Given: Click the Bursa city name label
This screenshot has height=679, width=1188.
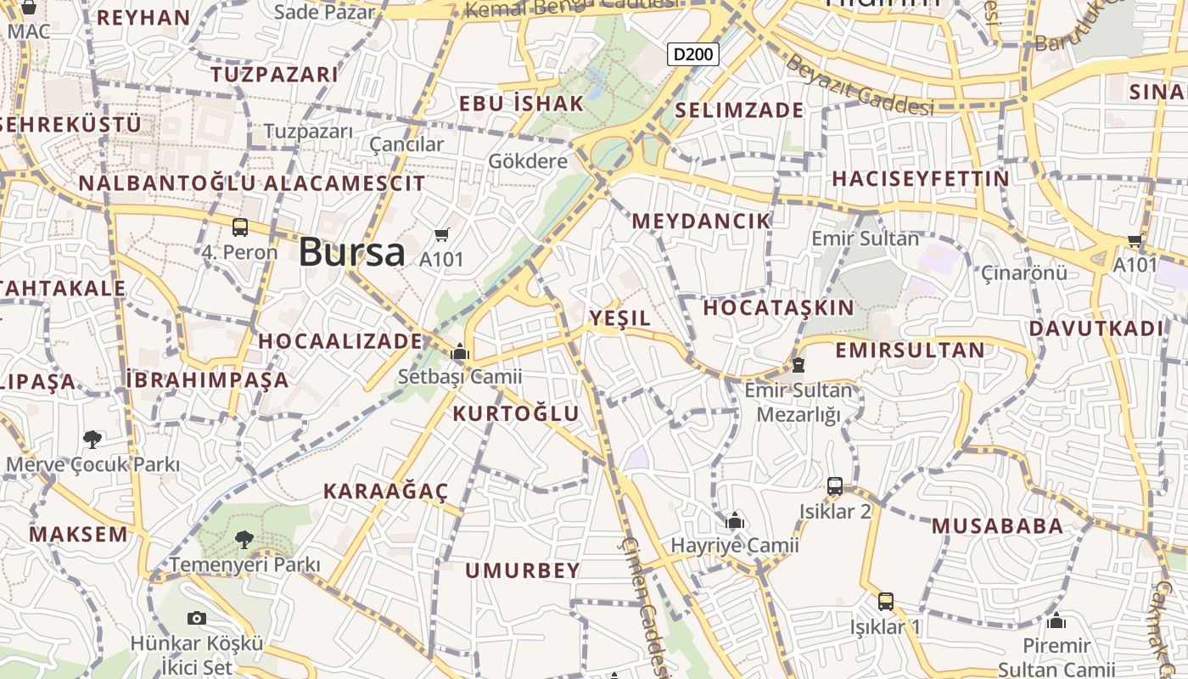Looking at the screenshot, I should pyautogui.click(x=352, y=252).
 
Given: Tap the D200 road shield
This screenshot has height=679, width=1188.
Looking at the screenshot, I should pyautogui.click(x=693, y=55).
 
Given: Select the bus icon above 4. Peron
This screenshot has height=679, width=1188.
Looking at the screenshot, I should pyautogui.click(x=240, y=227).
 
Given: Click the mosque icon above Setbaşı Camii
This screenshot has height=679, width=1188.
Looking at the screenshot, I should pyautogui.click(x=460, y=351).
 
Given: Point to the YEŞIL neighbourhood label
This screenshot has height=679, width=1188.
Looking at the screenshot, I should pyautogui.click(x=620, y=318).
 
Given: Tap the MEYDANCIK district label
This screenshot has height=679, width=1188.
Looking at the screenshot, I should pyautogui.click(x=701, y=221).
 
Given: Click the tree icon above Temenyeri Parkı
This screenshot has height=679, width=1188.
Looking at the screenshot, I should pyautogui.click(x=244, y=539).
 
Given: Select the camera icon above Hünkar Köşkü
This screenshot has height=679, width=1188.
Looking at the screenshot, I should pyautogui.click(x=197, y=618).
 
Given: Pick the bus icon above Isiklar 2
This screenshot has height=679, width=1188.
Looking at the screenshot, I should pyautogui.click(x=835, y=486).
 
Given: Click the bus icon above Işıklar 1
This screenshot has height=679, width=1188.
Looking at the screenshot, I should pyautogui.click(x=886, y=602).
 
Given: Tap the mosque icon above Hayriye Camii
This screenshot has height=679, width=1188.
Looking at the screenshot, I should pyautogui.click(x=735, y=520).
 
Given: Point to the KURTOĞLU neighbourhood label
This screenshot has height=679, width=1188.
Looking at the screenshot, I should pyautogui.click(x=516, y=414).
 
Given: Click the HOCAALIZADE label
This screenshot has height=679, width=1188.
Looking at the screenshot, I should pyautogui.click(x=340, y=341).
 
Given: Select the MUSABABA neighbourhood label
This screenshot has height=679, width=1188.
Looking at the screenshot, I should pyautogui.click(x=997, y=526).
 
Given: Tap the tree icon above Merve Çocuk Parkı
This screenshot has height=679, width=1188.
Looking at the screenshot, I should pyautogui.click(x=92, y=439).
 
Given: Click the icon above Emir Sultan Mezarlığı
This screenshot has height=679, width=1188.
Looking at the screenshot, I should pyautogui.click(x=798, y=365).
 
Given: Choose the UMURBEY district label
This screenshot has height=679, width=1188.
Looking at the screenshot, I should pyautogui.click(x=523, y=570).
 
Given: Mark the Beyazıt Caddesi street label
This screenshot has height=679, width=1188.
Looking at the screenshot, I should pyautogui.click(x=858, y=85).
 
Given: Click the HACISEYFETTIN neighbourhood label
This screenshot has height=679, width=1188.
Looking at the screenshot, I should pyautogui.click(x=921, y=179).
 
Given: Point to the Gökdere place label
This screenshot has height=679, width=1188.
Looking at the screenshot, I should pyautogui.click(x=528, y=161).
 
